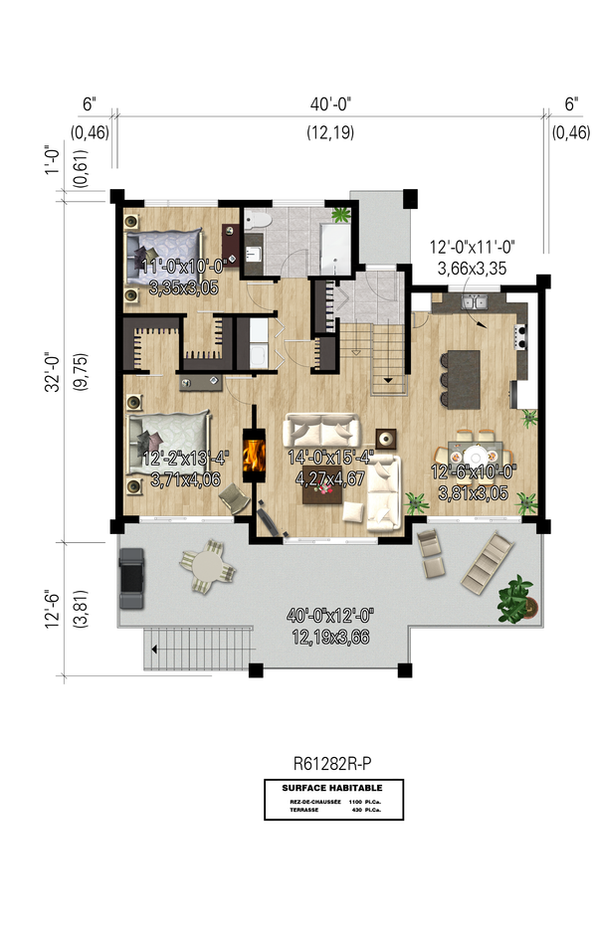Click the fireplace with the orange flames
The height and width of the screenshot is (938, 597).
[256, 457]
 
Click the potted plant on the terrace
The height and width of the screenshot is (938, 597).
[516, 598]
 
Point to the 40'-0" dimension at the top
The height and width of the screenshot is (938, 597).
[327, 103]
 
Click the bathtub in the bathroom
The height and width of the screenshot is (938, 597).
[333, 242]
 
